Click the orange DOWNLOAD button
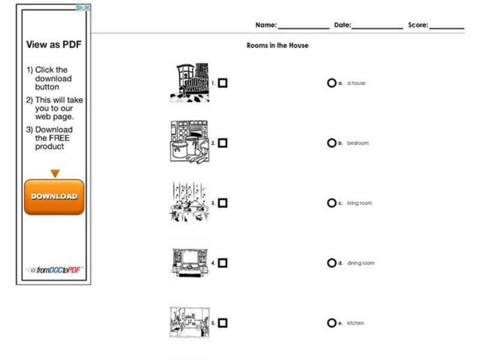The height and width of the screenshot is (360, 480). point(54,196)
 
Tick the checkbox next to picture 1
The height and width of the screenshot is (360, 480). point(223,83)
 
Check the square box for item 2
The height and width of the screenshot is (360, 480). point(223,143)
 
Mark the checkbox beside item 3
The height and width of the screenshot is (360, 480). point(223,203)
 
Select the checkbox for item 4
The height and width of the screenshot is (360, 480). point(223,263)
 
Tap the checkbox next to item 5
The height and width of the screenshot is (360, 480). point(223,323)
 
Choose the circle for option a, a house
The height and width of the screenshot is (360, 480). point(331,83)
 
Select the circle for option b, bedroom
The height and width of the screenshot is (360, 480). point(331,143)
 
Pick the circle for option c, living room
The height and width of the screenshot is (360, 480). point(331,203)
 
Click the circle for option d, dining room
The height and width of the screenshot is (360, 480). point(331,263)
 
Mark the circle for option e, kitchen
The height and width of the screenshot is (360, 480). point(331,323)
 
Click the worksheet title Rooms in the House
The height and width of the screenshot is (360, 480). point(277,46)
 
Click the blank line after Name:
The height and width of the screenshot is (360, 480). point(303,26)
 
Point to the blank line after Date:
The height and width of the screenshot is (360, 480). point(377,26)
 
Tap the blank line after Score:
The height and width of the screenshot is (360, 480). point(446,26)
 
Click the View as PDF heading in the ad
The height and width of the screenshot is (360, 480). point(53,44)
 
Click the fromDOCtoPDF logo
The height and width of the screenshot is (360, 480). point(54,270)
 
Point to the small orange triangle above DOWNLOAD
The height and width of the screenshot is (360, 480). point(55,173)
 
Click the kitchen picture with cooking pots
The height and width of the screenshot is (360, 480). point(189,142)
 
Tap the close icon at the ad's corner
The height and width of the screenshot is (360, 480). point(87,8)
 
